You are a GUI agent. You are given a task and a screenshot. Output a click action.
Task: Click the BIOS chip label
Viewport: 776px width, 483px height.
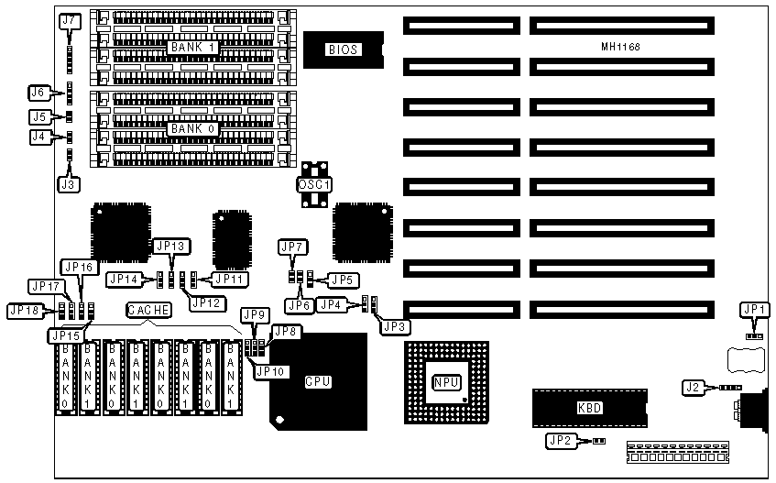click(343, 49)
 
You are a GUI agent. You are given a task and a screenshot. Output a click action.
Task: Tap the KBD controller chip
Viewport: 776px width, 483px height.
click(590, 408)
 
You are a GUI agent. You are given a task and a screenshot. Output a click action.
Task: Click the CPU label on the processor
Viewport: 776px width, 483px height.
click(317, 380)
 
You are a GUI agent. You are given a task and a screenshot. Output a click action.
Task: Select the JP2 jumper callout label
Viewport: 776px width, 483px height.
click(560, 441)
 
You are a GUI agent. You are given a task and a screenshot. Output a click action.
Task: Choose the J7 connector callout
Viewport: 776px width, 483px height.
click(69, 21)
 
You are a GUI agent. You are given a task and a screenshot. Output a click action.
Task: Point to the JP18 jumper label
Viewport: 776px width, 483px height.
click(24, 310)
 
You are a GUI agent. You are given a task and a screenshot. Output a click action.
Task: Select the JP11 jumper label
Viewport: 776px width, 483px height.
click(229, 278)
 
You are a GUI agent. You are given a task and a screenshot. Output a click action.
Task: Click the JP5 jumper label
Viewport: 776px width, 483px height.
click(342, 279)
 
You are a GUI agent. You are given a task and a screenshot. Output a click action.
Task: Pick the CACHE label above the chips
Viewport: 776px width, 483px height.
click(148, 310)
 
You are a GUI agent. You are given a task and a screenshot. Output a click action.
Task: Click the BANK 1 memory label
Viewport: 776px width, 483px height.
click(192, 46)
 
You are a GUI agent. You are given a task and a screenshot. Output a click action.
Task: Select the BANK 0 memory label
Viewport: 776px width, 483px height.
click(192, 129)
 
